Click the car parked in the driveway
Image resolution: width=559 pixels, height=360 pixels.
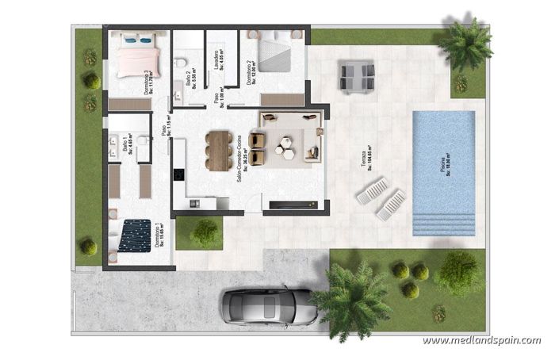[x=266, y=304]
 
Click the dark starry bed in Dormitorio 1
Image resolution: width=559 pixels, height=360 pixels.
[x=136, y=236]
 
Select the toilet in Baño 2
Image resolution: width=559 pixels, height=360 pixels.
[x=181, y=62]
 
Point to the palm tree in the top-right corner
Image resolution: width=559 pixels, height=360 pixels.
[x=465, y=44]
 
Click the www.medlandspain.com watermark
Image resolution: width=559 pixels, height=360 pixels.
[x=481, y=341]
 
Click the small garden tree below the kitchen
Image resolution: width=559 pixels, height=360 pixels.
[x=205, y=232]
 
